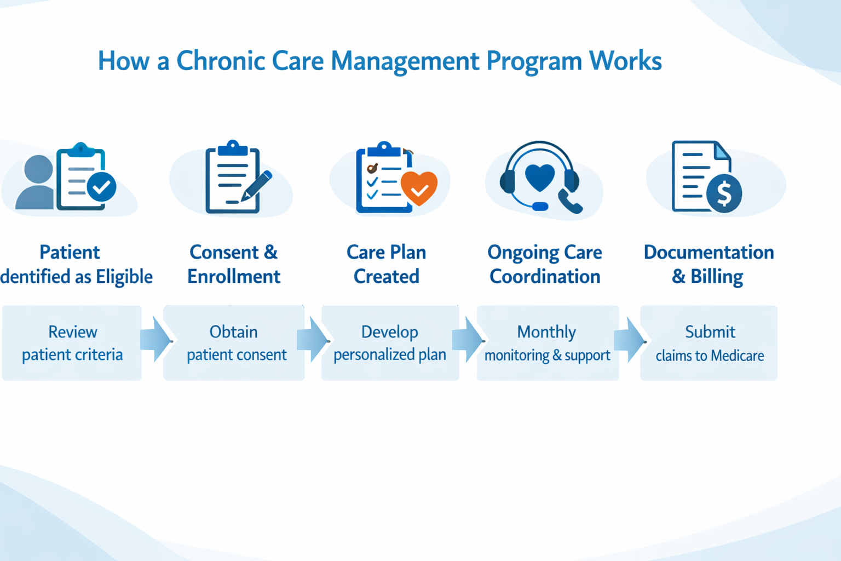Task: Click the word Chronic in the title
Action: (x=221, y=60)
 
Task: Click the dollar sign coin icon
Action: (x=724, y=193)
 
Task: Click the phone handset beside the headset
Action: (x=570, y=201)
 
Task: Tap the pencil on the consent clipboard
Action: (x=256, y=186)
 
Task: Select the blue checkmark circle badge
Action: (x=101, y=187)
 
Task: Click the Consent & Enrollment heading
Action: (x=234, y=264)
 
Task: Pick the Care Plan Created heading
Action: (x=387, y=264)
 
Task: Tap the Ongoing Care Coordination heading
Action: (x=545, y=264)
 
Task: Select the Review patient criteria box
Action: (x=72, y=343)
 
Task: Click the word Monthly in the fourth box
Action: (x=546, y=333)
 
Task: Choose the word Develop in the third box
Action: (x=390, y=333)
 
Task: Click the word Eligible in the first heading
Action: (x=124, y=277)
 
